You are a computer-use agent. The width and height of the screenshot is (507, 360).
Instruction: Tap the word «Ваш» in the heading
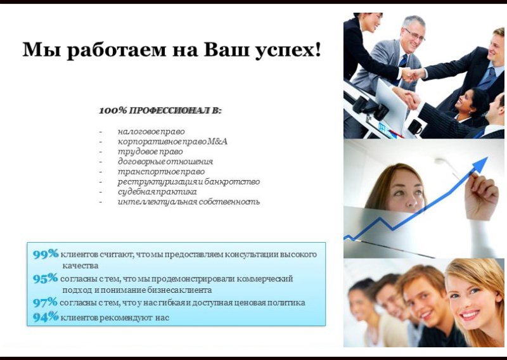tap(226, 49)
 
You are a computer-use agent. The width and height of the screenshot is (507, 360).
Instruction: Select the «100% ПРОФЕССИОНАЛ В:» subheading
tap(160, 111)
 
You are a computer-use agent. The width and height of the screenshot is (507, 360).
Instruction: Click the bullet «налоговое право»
tap(151, 132)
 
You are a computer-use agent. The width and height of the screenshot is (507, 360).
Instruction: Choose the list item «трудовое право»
tap(150, 151)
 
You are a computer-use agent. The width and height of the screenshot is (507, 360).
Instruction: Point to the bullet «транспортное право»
tap(161, 172)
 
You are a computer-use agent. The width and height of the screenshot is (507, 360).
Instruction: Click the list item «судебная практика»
tap(157, 192)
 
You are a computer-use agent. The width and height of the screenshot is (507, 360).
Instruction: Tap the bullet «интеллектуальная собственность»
tap(189, 202)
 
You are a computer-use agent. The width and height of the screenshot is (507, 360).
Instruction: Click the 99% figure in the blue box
tap(46, 254)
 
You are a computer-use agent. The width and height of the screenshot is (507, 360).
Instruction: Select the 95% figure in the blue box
tap(45, 278)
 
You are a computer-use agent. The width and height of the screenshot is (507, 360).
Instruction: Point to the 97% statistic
tap(45, 302)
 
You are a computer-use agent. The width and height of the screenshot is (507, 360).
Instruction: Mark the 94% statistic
tap(46, 317)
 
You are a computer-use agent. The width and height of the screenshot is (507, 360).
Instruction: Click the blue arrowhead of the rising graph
tap(481, 164)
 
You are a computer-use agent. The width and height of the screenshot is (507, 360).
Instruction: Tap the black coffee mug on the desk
tap(416, 127)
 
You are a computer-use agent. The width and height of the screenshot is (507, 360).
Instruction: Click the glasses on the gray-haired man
tap(414, 35)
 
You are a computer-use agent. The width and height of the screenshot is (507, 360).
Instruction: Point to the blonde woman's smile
tap(470, 315)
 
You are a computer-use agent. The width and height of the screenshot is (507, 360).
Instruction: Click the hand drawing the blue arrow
tap(481, 195)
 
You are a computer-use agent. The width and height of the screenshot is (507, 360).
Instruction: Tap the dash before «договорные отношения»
tap(101, 162)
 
